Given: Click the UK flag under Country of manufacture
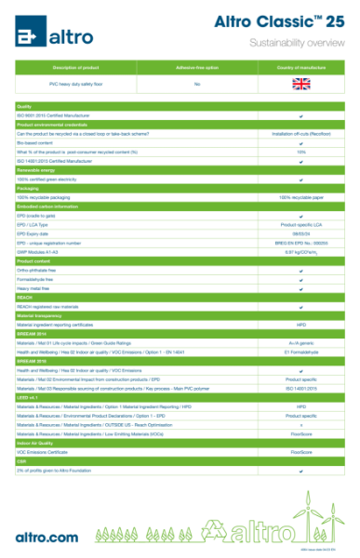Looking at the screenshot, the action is pyautogui.click(x=301, y=84).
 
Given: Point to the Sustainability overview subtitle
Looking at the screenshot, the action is pyautogui.click(x=296, y=44).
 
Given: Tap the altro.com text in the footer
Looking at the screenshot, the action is pyautogui.click(x=47, y=537).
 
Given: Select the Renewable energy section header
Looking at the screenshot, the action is pyautogui.click(x=36, y=169).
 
